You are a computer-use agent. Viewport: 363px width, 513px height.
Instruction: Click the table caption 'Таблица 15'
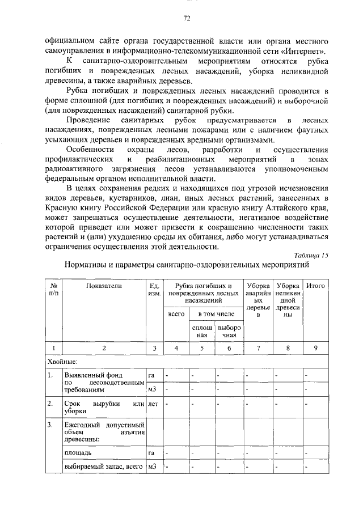tap(312, 255)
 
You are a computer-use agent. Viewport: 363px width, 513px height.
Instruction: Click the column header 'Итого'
tap(315, 286)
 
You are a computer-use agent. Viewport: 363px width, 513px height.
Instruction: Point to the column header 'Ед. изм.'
tap(154, 290)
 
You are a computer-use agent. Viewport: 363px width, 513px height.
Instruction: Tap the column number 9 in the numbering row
tap(315, 348)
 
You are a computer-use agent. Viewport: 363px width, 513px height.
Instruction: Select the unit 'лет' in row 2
tap(153, 404)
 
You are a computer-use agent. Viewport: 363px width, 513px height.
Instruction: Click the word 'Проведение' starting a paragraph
tap(89, 120)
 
